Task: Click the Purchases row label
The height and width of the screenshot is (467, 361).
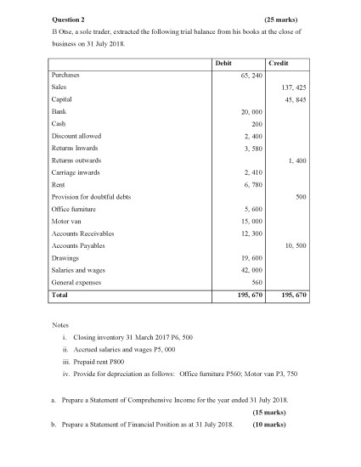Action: (66, 75)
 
